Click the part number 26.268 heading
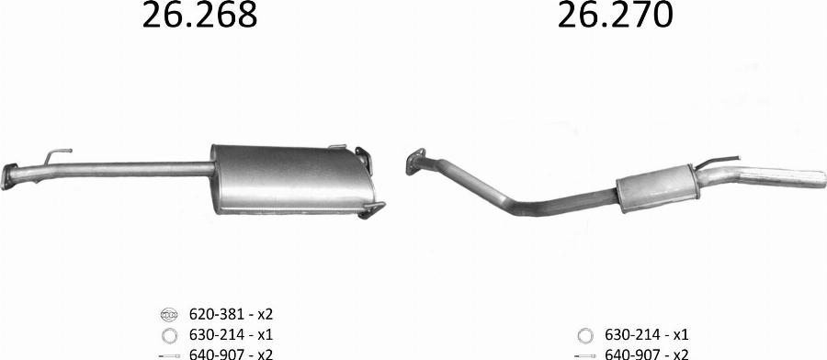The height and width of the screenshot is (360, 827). coord(199,15)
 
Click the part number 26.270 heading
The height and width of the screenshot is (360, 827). coord(615,15)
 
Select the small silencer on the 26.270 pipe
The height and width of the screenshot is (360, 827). coord(658,187)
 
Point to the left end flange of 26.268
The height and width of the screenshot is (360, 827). coord(8,176)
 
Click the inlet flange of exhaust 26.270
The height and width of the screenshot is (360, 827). coord(415,162)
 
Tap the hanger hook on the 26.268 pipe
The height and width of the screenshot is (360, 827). coord(56,155)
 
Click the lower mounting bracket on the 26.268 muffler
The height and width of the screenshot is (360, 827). coord(372,209)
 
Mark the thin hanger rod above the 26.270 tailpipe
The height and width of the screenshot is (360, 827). coord(719,162)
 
